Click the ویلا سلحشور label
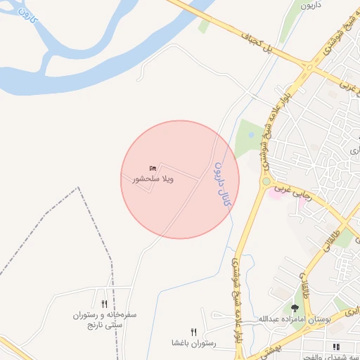click(x=153, y=179)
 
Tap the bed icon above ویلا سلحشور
click(x=153, y=168)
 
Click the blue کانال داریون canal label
click(x=221, y=184)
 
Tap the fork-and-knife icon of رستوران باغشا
click(x=193, y=332)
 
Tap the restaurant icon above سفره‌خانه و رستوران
click(x=104, y=304)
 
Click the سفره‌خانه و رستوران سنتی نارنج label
click(x=105, y=321)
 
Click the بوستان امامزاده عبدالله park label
click(x=295, y=319)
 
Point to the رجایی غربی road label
click(x=290, y=190)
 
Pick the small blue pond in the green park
click(x=252, y=134)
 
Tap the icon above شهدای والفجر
click(x=335, y=346)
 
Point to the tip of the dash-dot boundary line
click(x=79, y=188)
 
